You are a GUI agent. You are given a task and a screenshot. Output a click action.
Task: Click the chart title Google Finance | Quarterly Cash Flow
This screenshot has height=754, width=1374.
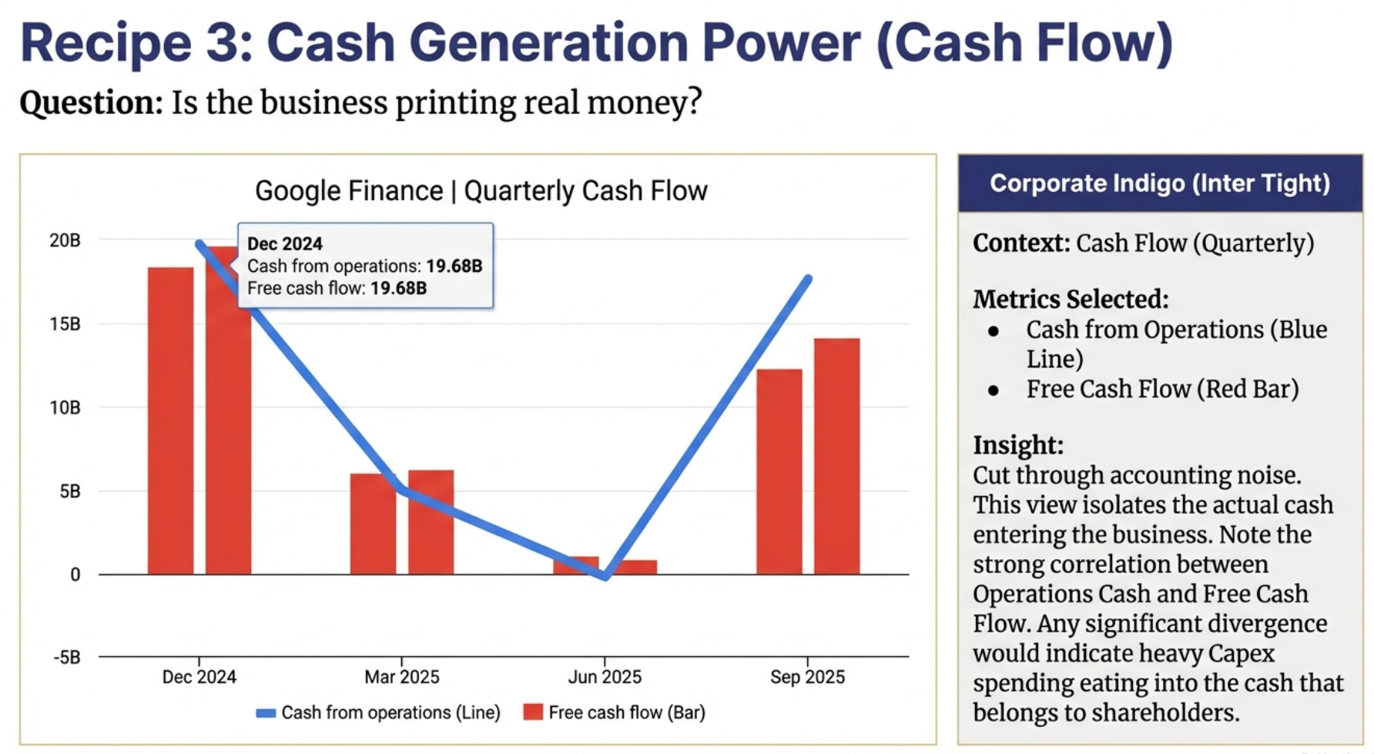481,190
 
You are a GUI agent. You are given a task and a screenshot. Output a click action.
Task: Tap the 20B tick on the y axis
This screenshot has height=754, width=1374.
65,240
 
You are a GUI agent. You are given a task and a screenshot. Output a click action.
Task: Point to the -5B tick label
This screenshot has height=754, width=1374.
67,658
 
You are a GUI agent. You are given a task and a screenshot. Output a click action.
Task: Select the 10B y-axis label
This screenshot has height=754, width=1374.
65,407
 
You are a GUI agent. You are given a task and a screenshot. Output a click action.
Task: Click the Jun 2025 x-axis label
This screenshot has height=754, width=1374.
605,677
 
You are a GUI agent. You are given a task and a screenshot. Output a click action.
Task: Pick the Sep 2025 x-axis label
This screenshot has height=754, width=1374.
807,677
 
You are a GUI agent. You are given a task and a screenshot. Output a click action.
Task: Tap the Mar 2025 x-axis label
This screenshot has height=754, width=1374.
401,677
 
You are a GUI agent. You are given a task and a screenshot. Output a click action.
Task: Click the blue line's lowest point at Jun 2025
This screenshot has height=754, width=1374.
606,575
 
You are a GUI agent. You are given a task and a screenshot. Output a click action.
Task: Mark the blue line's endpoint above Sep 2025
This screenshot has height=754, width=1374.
808,279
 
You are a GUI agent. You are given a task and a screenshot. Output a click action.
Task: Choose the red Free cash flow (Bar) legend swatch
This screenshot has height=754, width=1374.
533,712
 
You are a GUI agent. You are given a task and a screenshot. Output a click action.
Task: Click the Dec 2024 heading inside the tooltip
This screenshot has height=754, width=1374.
285,243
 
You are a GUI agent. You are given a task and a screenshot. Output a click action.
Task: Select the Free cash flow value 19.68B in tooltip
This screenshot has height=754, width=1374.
398,288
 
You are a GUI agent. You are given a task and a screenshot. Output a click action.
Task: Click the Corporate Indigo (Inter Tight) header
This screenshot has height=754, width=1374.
1159,183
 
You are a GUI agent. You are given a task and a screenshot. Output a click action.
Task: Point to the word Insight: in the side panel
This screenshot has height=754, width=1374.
1017,445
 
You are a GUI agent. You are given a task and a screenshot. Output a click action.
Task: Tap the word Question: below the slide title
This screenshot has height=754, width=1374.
91,102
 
